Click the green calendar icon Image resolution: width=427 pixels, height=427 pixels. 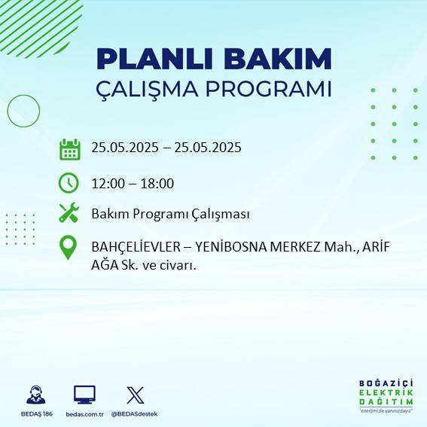(x=69, y=148)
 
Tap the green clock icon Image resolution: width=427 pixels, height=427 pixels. (x=69, y=183)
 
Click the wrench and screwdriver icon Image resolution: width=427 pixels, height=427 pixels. (x=69, y=213)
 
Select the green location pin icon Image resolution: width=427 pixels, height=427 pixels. (x=69, y=248)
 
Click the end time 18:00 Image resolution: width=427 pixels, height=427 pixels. (x=157, y=183)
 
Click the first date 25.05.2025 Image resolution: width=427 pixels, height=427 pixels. (x=124, y=148)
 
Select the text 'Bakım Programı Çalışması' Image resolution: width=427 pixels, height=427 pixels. (x=170, y=214)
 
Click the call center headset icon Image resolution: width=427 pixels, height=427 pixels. (x=35, y=395)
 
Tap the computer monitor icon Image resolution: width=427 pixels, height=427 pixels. (x=84, y=395)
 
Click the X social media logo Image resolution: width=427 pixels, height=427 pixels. (x=135, y=395)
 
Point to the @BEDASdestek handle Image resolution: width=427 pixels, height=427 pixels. (x=135, y=414)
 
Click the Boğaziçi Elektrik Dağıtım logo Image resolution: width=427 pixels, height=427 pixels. (x=386, y=396)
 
